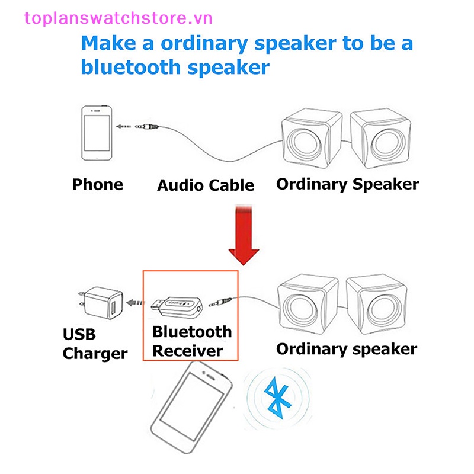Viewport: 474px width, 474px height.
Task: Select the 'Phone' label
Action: tap(98, 184)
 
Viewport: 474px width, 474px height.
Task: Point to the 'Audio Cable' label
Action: tap(206, 185)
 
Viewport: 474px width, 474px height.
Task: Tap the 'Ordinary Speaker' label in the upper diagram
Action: tap(347, 184)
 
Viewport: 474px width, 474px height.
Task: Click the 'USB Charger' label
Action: tap(95, 344)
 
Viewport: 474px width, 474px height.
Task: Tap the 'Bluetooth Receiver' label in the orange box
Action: tap(191, 341)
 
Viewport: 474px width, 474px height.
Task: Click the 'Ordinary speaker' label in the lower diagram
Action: tap(347, 348)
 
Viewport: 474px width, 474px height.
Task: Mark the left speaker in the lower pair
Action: tap(309, 303)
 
